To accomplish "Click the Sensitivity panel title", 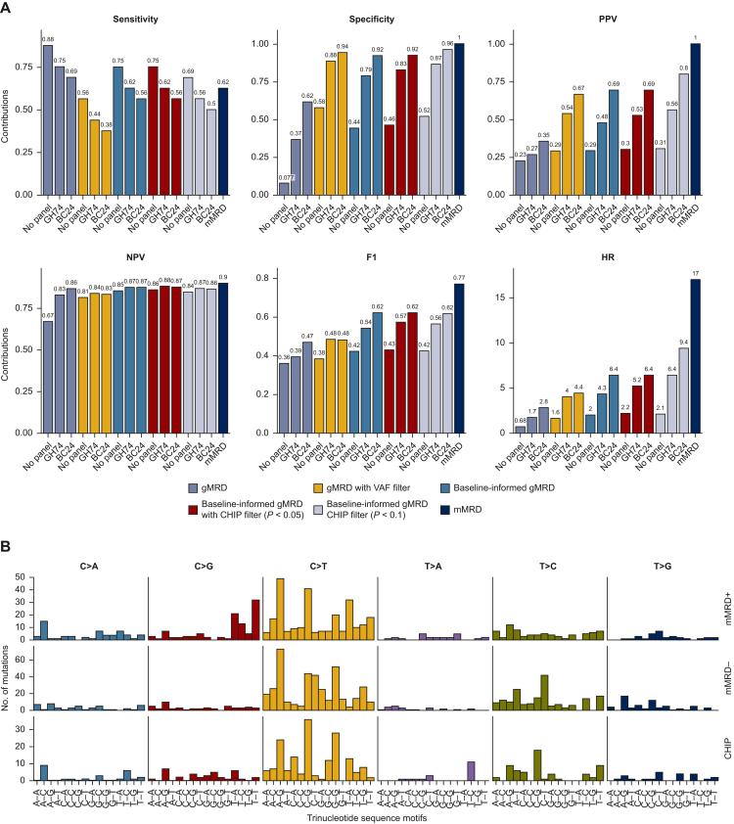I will coord(130,19).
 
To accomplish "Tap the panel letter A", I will coord(10,8).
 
